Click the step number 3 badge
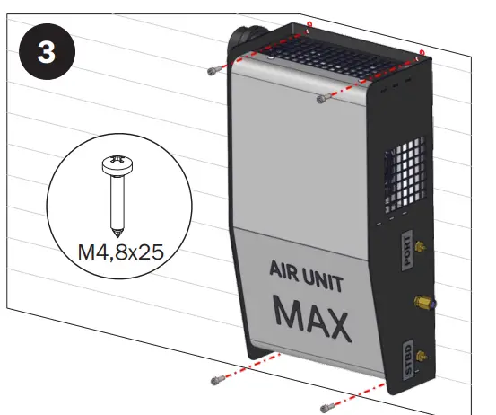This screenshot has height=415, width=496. (x=52, y=51)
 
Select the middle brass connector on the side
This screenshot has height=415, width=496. (x=419, y=302)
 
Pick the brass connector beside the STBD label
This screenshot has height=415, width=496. (x=422, y=355)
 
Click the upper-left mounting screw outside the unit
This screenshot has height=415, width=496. (x=212, y=71)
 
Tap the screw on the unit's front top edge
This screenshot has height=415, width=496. (x=320, y=100)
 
